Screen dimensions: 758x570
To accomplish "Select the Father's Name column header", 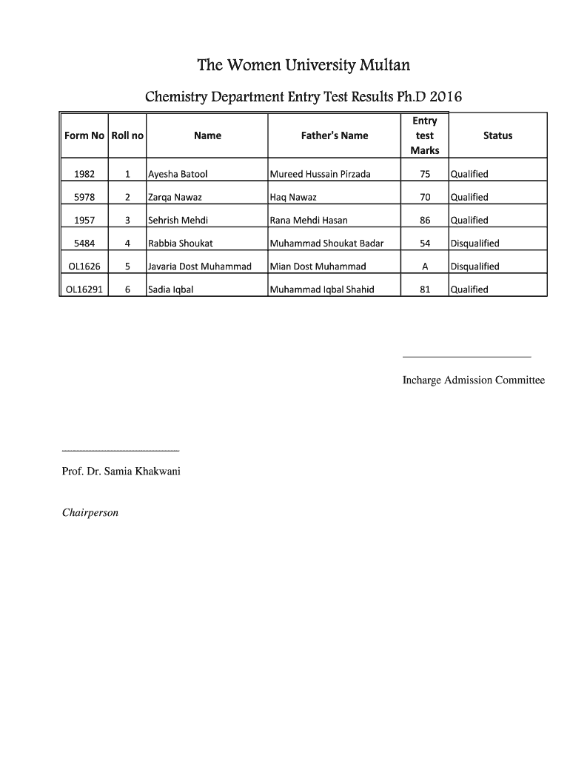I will coord(334,135).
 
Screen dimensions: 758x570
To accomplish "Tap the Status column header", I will coord(497,135).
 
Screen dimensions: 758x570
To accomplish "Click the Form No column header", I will coord(84,135).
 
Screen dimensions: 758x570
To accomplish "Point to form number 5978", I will coord(84,198).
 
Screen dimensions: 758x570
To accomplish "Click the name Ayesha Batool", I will coord(178,175).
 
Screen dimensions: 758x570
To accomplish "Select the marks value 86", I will coord(425,221).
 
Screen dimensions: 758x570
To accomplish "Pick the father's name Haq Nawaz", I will coord(293,198).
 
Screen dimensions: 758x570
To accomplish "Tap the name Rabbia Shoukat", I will coord(181,244).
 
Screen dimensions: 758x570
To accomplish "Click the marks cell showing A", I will coord(425,266).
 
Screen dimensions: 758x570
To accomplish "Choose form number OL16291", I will coord(84,289).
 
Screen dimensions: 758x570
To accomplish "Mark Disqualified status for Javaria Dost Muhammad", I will coord(475,266).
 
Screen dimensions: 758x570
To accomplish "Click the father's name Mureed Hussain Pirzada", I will coord(321,175).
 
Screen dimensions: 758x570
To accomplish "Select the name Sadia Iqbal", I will coord(171,289).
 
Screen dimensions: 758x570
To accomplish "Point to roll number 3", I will coord(127,221).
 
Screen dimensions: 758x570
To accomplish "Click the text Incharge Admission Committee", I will coord(473,380).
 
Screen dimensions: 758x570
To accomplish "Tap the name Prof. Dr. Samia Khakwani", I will coord(121,472).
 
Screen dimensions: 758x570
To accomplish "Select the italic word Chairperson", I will coord(90,512).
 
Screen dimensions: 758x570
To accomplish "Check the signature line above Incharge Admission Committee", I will coord(466,357).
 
